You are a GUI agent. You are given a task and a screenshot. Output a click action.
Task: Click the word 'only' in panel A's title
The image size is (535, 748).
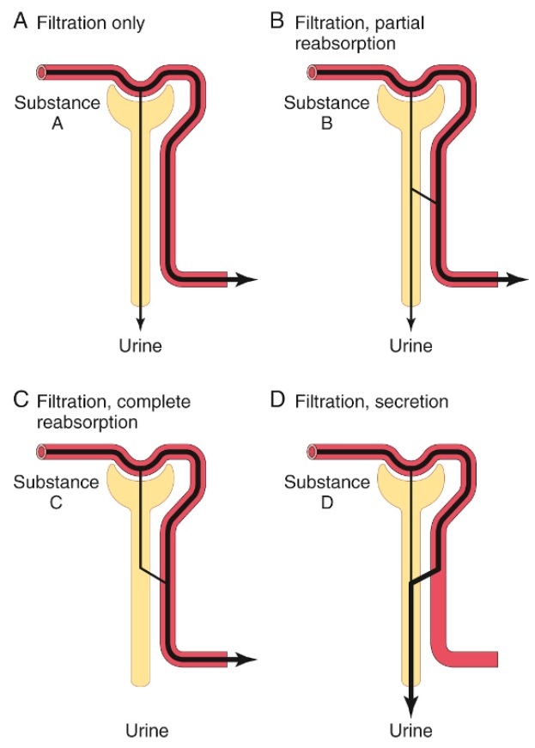tap(126, 23)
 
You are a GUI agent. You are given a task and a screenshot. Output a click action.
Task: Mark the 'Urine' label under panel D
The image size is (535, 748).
tap(410, 731)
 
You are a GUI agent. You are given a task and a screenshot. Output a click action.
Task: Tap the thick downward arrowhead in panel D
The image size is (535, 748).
tap(411, 705)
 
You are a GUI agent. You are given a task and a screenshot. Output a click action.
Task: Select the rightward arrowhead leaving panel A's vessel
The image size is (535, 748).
tap(247, 279)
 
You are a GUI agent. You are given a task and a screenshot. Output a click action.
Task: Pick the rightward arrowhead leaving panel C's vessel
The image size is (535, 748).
tap(247, 659)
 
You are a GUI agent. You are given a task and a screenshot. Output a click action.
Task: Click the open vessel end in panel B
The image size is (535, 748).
tap(310, 72)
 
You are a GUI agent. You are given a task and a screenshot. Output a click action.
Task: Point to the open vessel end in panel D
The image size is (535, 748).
tap(310, 450)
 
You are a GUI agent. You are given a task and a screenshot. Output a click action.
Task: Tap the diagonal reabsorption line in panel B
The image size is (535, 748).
tap(425, 196)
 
